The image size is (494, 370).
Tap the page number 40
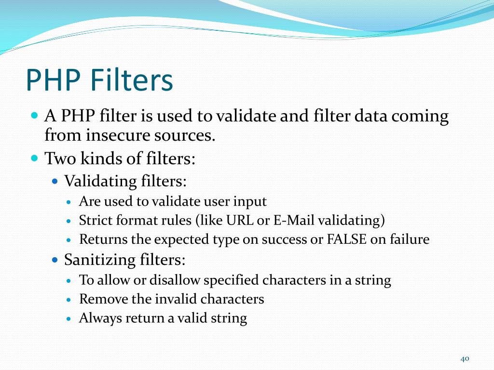coord(465,358)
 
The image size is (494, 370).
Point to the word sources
coord(186,135)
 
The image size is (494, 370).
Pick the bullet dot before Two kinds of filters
coord(34,158)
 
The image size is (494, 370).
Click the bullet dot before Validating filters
coord(55,182)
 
